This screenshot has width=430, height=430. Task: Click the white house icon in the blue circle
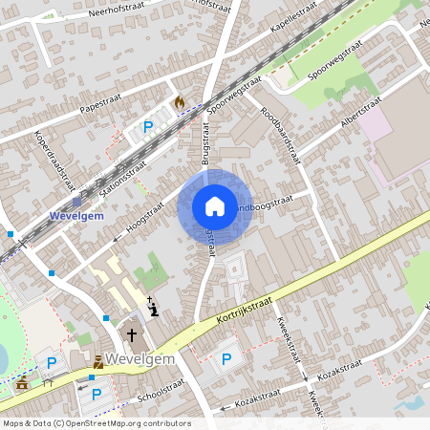pos(214,206)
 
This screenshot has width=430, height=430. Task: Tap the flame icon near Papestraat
pos(179,100)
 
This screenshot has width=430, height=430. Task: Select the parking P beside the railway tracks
pos(148,126)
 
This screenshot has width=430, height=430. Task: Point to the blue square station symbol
pos(76,202)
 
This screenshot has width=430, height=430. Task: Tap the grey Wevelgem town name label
pos(140,358)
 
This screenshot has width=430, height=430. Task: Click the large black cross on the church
pos(132,335)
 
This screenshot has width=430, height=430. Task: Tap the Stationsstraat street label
pos(122,176)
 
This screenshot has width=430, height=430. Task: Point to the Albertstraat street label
pos(361,111)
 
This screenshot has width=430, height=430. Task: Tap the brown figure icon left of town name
pos(99,361)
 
